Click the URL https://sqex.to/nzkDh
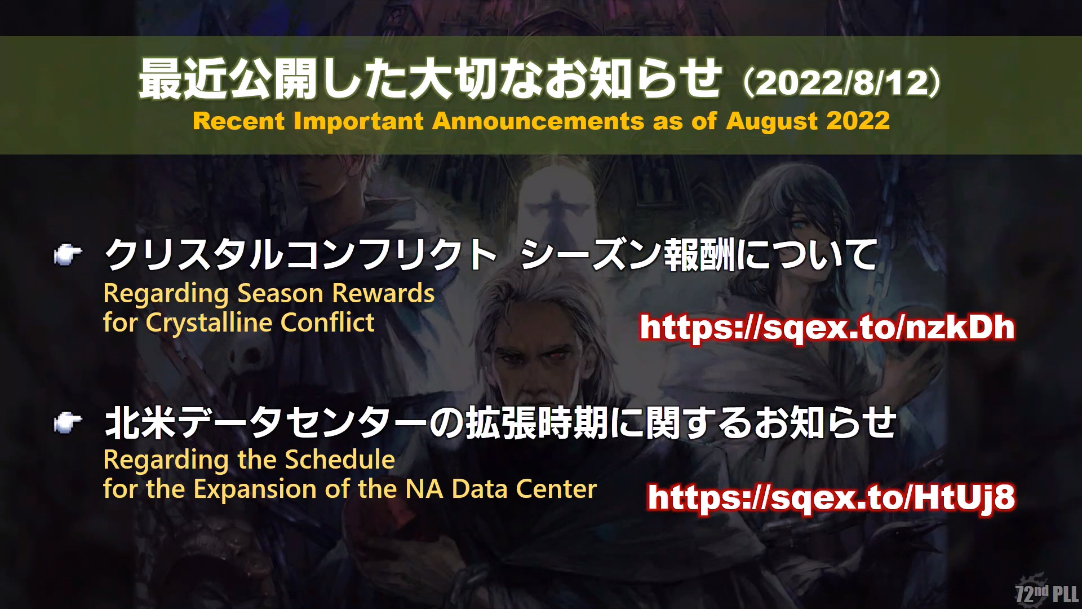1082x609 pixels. (827, 328)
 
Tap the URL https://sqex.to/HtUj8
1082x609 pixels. (832, 497)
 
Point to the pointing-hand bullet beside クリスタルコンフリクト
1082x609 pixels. (68, 255)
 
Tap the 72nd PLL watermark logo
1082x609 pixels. (1047, 592)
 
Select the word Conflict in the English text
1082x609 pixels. (327, 323)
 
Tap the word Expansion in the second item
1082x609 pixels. (255, 489)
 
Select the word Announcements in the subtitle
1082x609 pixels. (538, 121)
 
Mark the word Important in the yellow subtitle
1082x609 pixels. (358, 122)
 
